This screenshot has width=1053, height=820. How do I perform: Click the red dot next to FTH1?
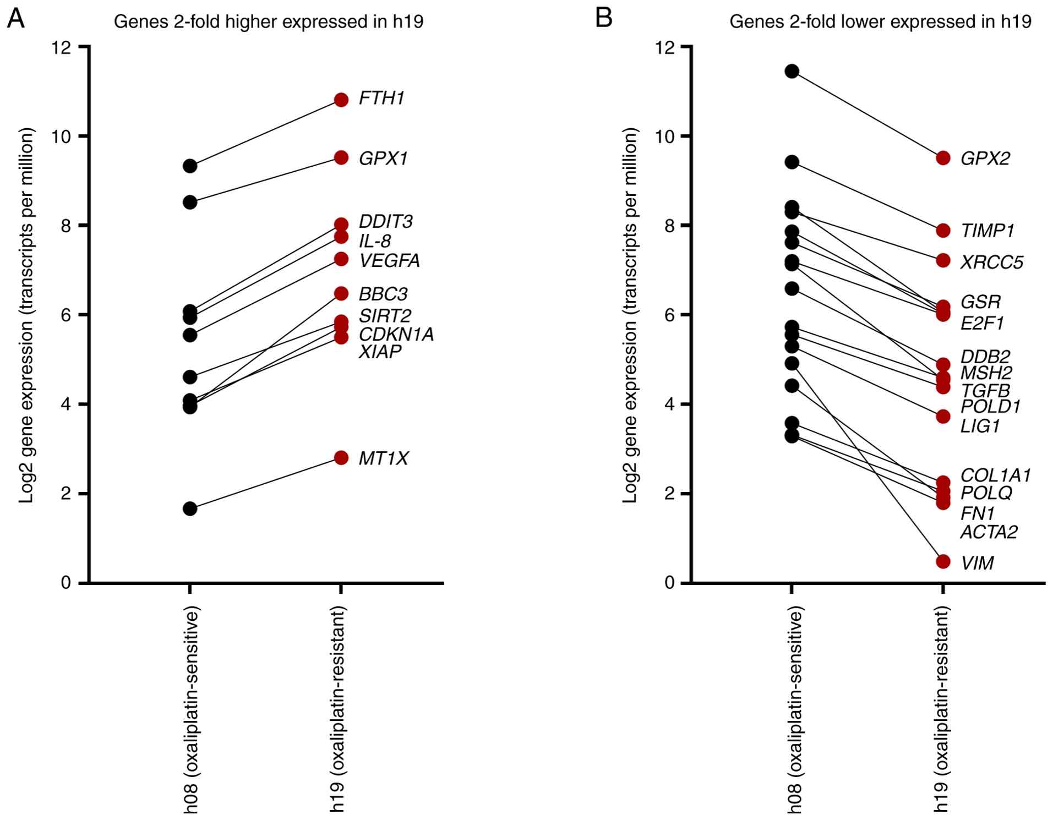[341, 100]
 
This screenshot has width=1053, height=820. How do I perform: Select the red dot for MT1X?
[341, 457]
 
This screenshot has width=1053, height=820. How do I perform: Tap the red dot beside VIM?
[943, 561]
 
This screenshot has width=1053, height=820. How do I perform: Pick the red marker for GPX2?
[943, 158]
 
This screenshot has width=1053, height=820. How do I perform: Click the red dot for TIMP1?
[943, 231]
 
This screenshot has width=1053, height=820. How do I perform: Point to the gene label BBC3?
[383, 294]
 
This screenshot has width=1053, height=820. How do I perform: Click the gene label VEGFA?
[389, 260]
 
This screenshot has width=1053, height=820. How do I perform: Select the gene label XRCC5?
[991, 262]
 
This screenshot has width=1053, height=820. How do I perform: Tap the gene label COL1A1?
[995, 475]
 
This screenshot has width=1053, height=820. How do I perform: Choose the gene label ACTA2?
[989, 532]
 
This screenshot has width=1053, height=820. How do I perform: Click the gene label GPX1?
[383, 158]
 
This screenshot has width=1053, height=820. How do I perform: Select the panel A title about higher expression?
[269, 22]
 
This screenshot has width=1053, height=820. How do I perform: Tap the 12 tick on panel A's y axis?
[62, 47]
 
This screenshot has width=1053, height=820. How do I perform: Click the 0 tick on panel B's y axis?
[669, 582]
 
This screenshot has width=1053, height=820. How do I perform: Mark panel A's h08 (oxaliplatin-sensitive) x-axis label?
[190, 709]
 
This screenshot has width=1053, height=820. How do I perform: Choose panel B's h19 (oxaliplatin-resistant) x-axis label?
[942, 709]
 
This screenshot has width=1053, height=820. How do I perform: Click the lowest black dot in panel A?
[190, 509]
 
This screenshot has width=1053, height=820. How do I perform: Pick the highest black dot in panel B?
[792, 71]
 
